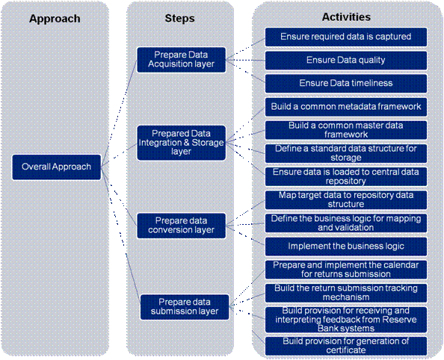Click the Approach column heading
click(55, 19)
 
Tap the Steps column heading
click(180, 19)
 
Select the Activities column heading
click(346, 17)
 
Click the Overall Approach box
click(56, 167)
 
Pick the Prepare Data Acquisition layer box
click(181, 60)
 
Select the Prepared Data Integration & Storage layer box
click(181, 143)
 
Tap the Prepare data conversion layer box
click(181, 226)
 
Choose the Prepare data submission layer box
click(185, 307)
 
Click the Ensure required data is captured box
click(346, 37)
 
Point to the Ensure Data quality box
click(346, 60)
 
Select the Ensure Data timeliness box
click(346, 84)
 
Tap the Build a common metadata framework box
click(346, 107)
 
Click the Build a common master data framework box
click(346, 130)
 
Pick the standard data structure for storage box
click(346, 153)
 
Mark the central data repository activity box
click(346, 176)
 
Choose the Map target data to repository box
click(346, 200)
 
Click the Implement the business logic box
click(346, 246)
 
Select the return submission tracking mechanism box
click(346, 293)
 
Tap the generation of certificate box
click(346, 346)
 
